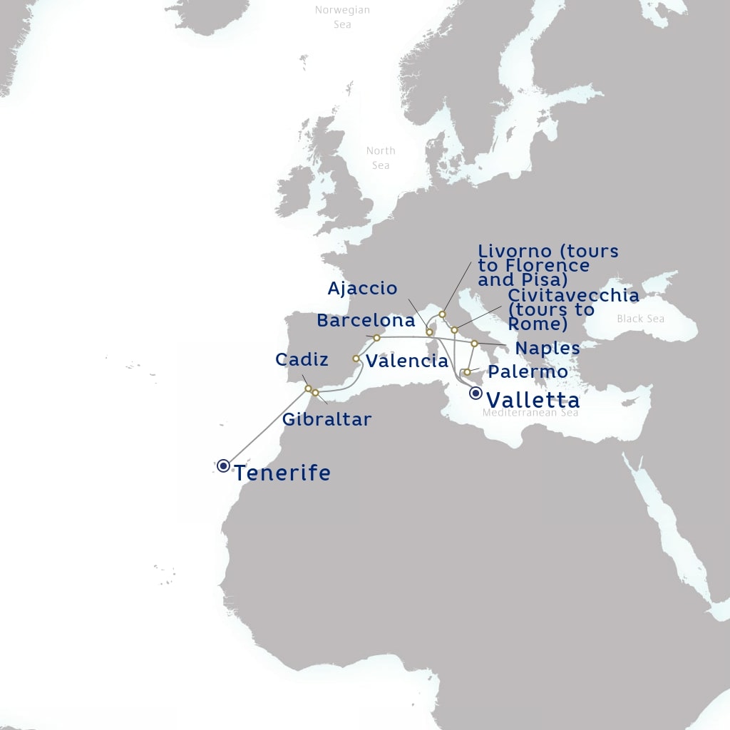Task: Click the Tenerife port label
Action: [282, 473]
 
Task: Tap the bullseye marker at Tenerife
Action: [224, 466]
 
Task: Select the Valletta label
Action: [533, 400]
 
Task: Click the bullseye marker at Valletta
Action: [475, 393]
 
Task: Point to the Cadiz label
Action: [302, 359]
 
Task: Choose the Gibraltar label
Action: [327, 419]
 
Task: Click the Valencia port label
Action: [407, 361]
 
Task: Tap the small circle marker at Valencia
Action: [356, 359]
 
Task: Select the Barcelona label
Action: [366, 321]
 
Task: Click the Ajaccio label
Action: [362, 289]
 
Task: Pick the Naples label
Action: [547, 349]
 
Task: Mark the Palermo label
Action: [528, 372]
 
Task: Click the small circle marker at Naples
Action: [474, 344]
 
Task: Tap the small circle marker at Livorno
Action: [442, 314]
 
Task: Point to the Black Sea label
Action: [640, 319]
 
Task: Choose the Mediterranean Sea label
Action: [530, 413]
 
